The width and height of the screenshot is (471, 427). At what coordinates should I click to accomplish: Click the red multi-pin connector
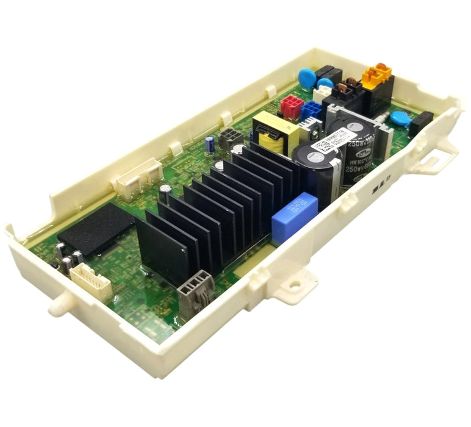click(x=292, y=107)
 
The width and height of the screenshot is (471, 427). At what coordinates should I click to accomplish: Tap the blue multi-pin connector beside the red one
click(x=312, y=110)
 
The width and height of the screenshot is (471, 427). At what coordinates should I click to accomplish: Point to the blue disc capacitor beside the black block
click(x=400, y=118)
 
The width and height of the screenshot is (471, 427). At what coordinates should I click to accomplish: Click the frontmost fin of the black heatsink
click(x=162, y=250)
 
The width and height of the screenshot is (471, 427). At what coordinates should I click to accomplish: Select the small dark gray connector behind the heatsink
click(x=231, y=138)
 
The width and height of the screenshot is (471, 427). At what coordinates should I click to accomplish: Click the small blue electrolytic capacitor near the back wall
click(x=209, y=144)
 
